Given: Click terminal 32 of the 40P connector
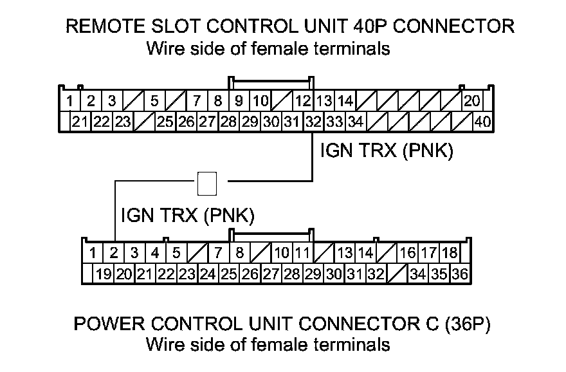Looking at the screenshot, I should coord(313,121).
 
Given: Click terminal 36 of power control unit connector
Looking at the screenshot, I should coord(459,274).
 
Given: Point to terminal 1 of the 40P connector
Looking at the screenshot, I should coord(68,101).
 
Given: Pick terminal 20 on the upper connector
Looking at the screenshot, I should coord(472,101).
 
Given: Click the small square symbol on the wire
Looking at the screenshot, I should coord(207,183).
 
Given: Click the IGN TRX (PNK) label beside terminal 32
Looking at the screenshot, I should coord(387,152).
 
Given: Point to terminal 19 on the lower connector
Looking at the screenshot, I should coord(103,274).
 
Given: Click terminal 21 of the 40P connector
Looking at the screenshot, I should coord(81,121).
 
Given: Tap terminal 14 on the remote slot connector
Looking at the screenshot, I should coord(345,101).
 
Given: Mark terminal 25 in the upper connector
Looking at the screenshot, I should coord(165,121).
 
